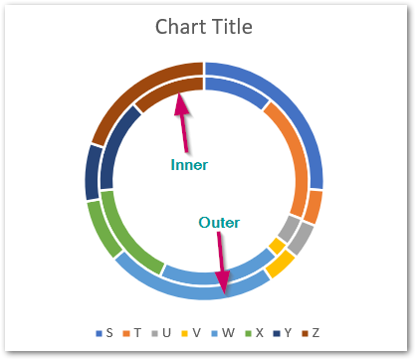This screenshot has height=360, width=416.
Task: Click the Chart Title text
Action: pos(204,26)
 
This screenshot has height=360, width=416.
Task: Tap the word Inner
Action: pos(189,165)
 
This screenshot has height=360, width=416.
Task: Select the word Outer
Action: pos(218,222)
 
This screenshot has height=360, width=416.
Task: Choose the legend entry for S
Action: pos(104,332)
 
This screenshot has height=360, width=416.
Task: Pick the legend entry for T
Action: pos(135,332)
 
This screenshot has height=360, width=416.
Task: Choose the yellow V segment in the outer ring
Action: pos(282,263)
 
